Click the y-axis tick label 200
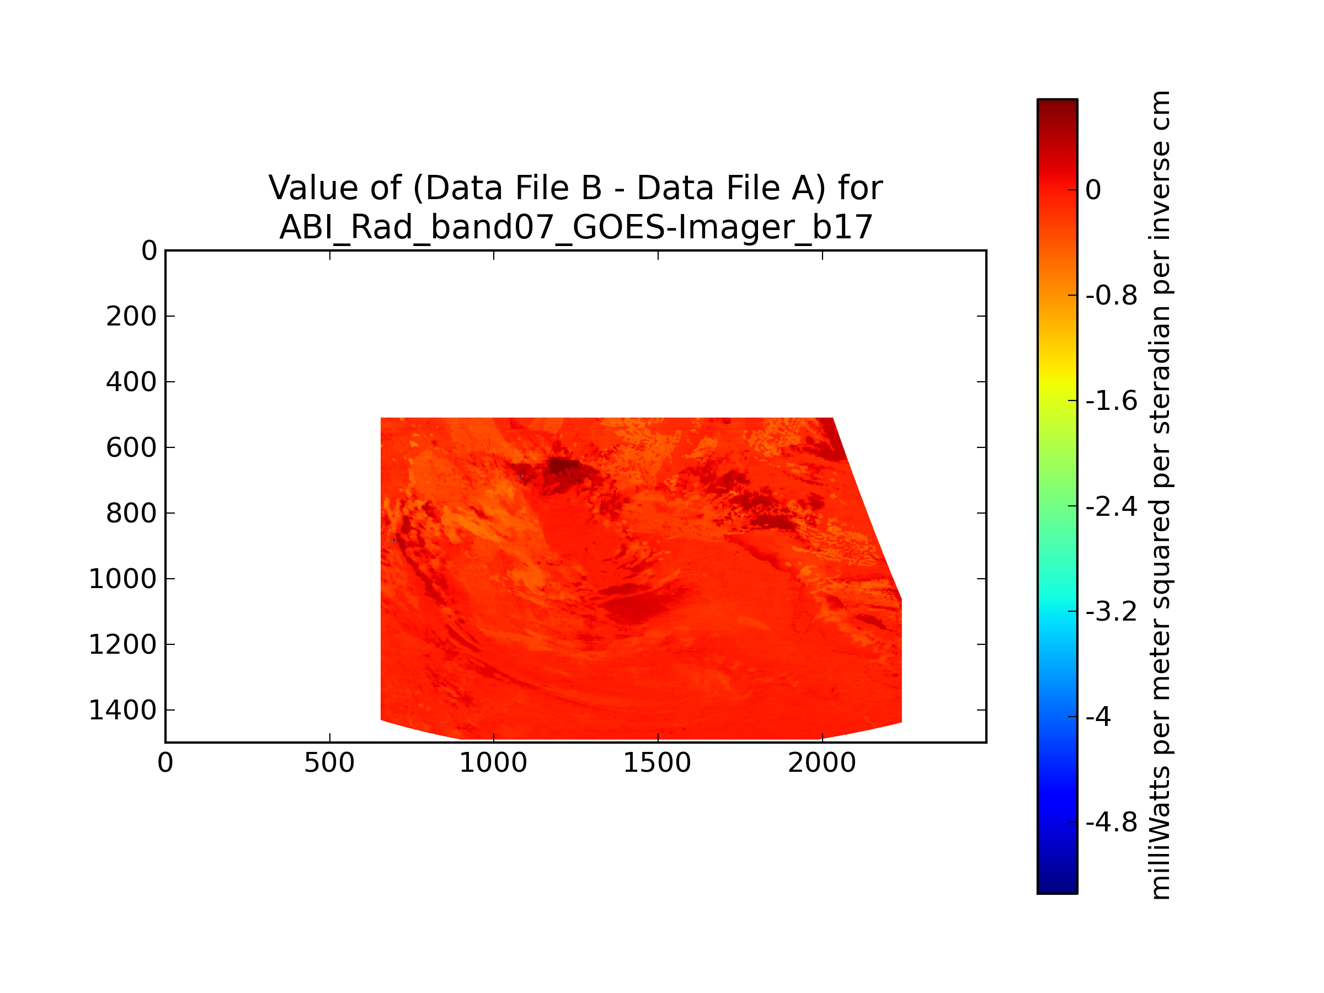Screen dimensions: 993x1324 pyautogui.click(x=131, y=317)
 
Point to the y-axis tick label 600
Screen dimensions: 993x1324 pyautogui.click(x=131, y=448)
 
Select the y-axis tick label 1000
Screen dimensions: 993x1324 pyautogui.click(x=122, y=579)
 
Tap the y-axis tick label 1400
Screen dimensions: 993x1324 pyautogui.click(x=122, y=711)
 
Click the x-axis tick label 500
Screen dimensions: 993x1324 pyautogui.click(x=329, y=763)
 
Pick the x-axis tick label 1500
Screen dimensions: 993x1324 pyautogui.click(x=657, y=763)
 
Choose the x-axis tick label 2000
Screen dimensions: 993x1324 pyautogui.click(x=822, y=763)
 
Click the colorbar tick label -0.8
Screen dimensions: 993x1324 pyautogui.click(x=1112, y=296)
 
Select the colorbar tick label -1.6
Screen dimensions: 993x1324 pyautogui.click(x=1112, y=401)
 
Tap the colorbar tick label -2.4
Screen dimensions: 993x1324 pyautogui.click(x=1112, y=507)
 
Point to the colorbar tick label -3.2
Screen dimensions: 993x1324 pyautogui.click(x=1112, y=612)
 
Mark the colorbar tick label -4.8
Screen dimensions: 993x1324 pyautogui.click(x=1112, y=823)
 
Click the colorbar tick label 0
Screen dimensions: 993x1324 pyautogui.click(x=1093, y=190)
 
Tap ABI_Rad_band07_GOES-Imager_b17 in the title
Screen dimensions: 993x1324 pyautogui.click(x=576, y=227)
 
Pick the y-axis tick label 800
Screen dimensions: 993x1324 pyautogui.click(x=131, y=514)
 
